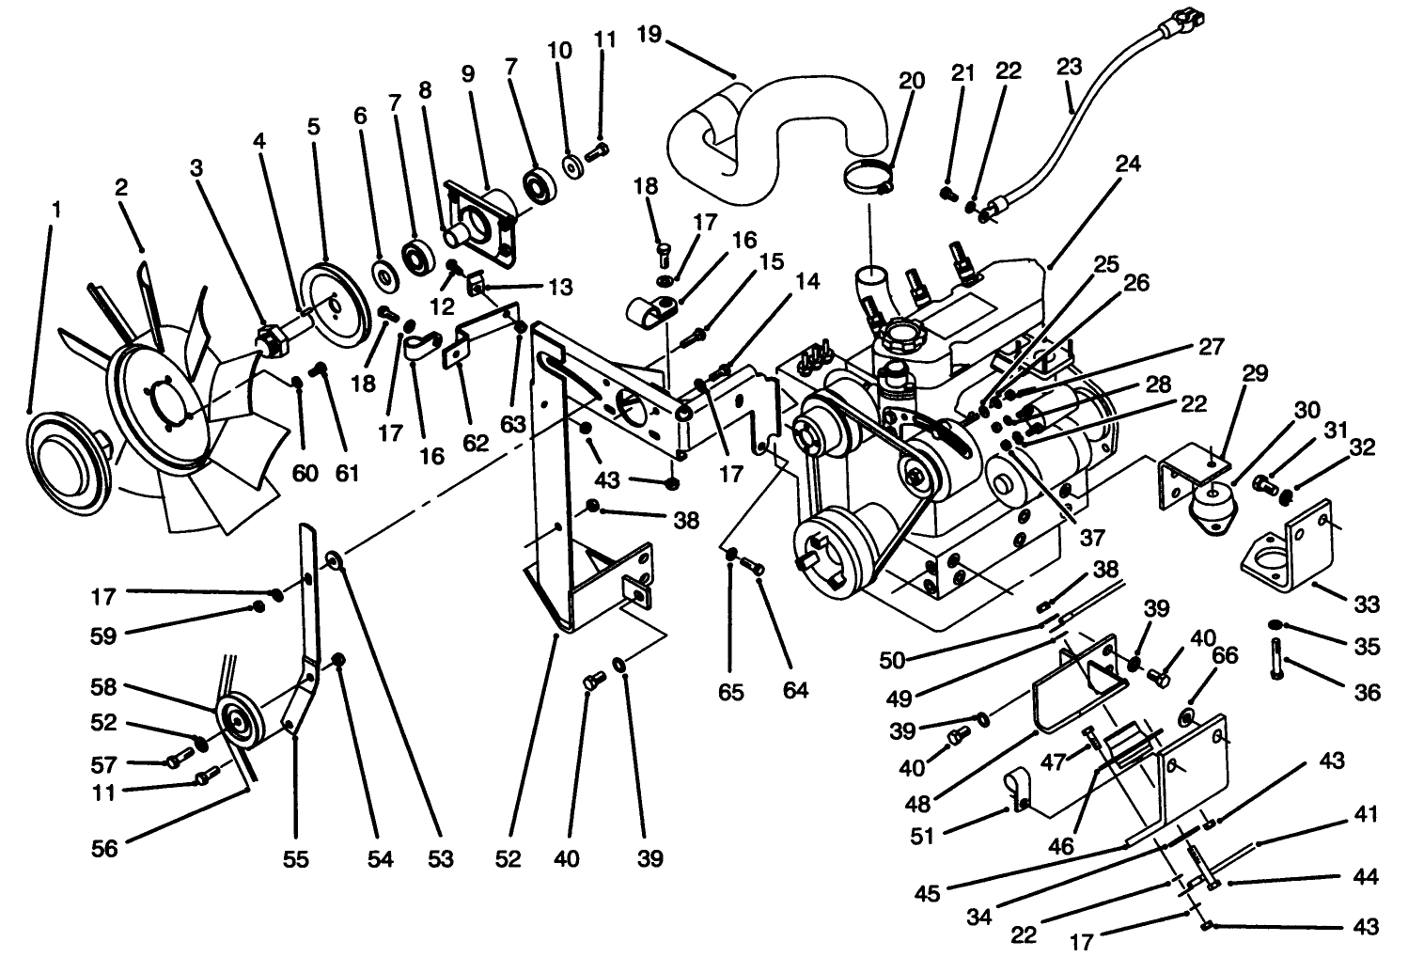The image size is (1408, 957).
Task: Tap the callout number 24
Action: coord(1128,164)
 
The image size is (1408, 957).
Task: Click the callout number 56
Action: coord(105,848)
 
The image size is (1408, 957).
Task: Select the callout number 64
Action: coord(795,691)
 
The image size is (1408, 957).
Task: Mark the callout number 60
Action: coord(305,473)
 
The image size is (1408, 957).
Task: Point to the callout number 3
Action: coord(196,168)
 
